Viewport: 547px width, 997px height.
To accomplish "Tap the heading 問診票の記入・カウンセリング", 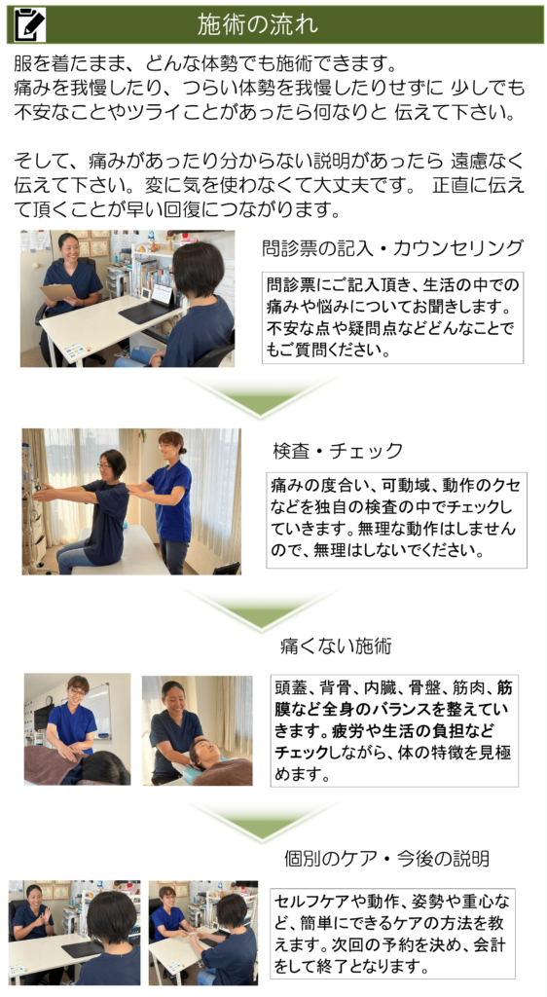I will (392, 248).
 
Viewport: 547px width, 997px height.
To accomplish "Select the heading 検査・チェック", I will (338, 451).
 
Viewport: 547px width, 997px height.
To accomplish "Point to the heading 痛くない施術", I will (336, 646).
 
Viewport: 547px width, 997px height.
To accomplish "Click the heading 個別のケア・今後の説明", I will (386, 859).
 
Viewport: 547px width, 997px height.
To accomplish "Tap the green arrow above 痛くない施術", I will (259, 609).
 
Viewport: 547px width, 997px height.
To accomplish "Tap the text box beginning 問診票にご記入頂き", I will (392, 317).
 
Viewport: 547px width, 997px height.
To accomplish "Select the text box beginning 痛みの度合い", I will (397, 520).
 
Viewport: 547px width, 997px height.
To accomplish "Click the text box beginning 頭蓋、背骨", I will (395, 730).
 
